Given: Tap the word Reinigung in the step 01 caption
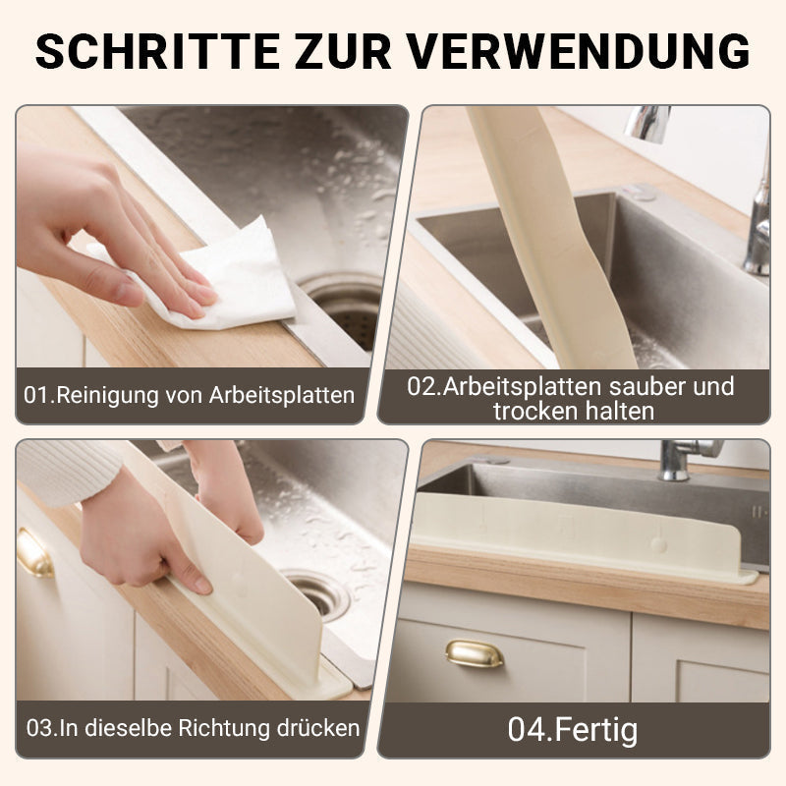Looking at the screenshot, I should coord(101,396).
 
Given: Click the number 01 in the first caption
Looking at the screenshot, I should coord(36,396).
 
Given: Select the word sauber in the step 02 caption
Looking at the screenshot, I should coord(653,386).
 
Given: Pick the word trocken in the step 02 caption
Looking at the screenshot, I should coord(534,411).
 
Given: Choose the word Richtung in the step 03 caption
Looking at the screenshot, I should coord(227,729).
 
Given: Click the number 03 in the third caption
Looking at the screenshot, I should coord(38,729).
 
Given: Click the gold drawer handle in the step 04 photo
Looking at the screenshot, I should coord(474,653).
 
